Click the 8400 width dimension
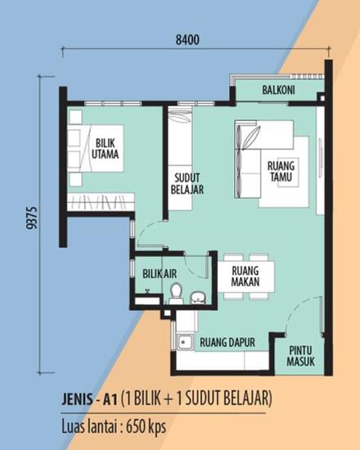pos(187,38)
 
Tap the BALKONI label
pos(279,89)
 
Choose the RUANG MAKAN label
pos(245,275)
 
